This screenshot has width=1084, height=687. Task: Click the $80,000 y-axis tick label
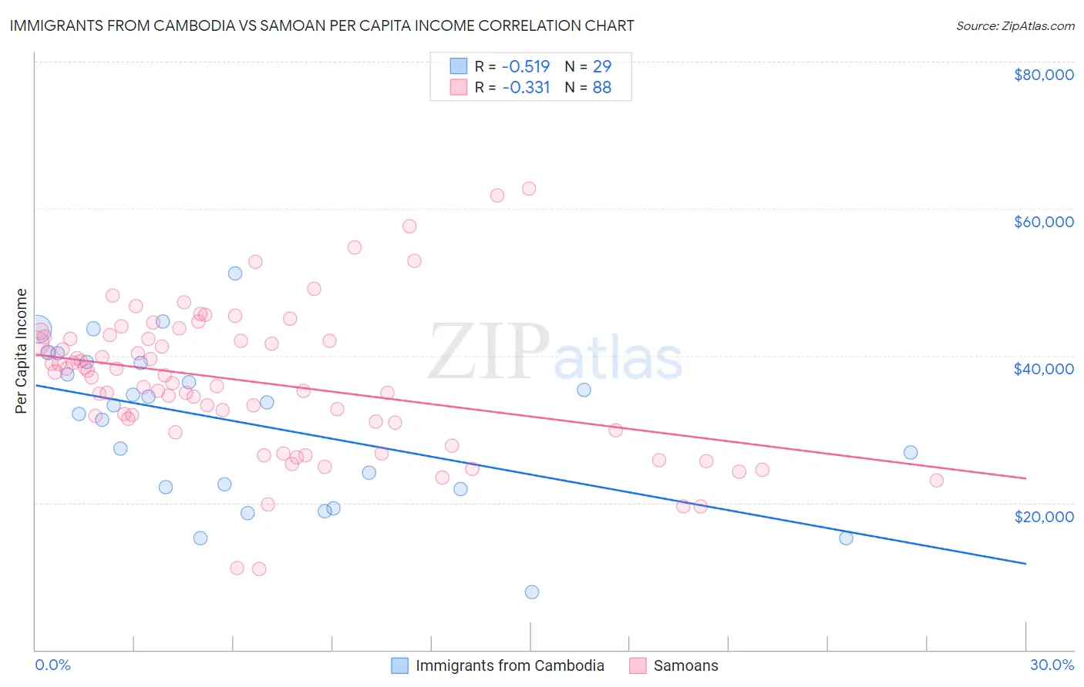tap(1043, 75)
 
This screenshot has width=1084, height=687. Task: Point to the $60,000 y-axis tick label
tap(1043, 222)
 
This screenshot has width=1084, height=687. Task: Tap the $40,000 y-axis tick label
tap(1043, 369)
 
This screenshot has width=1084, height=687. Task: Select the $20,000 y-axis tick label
tap(1043, 516)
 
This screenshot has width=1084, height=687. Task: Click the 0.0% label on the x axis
tap(52, 665)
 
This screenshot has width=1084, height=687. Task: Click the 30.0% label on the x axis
tap(1052, 665)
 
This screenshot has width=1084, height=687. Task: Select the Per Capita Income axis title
tap(22, 350)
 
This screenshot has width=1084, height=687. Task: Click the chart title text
tap(321, 25)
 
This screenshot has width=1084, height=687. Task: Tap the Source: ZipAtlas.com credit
tap(1015, 26)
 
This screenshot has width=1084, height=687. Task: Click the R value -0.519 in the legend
tap(526, 66)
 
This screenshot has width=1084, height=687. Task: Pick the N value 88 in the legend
tap(601, 88)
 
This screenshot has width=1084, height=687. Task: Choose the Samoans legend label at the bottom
tap(685, 665)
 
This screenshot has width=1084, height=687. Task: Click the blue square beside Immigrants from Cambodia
tap(399, 665)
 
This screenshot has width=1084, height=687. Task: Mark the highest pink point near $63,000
tap(529, 189)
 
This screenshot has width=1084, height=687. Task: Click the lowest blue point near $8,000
tap(532, 591)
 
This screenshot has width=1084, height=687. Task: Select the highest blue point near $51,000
tap(235, 273)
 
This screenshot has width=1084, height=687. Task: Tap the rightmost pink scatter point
tap(937, 481)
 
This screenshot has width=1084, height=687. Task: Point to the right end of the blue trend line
tap(1025, 564)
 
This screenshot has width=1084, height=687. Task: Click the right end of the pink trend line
tap(1025, 478)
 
